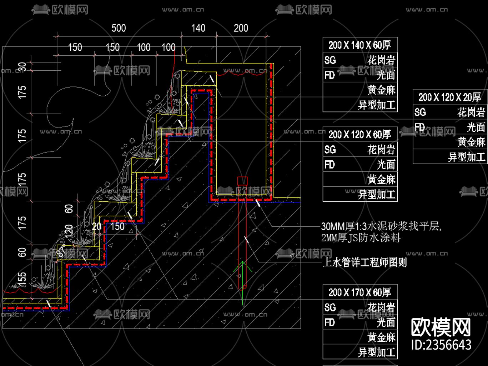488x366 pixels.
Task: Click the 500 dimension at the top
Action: [119, 28]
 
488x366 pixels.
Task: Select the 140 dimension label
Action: [198, 28]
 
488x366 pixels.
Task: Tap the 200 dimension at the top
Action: [241, 28]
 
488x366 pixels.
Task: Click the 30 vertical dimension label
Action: [22, 67]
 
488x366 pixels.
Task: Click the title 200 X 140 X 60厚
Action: [359, 45]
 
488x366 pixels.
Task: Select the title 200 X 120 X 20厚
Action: [449, 97]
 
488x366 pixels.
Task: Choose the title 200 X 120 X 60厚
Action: [359, 135]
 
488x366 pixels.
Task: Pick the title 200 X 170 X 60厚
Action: [359, 292]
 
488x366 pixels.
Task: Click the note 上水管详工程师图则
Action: [364, 263]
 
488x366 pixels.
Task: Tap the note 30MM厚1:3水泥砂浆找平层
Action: [381, 226]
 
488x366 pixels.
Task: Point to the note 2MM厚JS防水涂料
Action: [361, 238]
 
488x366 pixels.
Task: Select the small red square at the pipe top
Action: [242, 181]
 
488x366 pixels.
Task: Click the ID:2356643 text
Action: [441, 345]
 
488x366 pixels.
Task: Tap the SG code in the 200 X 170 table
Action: [330, 307]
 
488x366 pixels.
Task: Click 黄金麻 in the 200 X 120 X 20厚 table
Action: [471, 142]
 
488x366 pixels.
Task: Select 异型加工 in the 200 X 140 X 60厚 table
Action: [377, 105]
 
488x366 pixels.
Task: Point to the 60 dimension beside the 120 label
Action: [69, 209]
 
